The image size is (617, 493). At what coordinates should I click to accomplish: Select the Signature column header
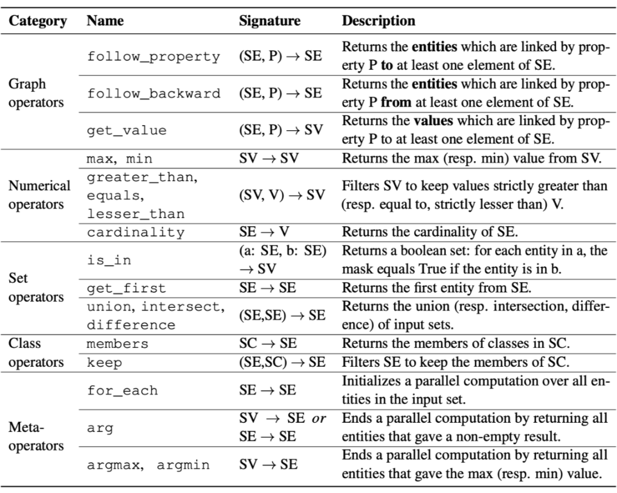tap(270, 21)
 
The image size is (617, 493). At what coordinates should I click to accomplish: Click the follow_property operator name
tap(153, 57)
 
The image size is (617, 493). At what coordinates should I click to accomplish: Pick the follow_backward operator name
tap(153, 94)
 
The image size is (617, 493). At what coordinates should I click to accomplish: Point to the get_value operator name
tap(127, 130)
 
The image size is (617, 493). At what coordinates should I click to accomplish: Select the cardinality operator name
tap(136, 232)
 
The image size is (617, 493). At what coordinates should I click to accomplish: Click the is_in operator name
tap(109, 260)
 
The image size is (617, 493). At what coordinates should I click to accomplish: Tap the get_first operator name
tap(127, 288)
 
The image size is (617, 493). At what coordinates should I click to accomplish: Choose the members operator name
tap(118, 344)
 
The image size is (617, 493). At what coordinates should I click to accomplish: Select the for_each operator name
tap(122, 391)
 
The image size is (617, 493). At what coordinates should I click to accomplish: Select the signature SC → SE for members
tap(264, 344)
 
